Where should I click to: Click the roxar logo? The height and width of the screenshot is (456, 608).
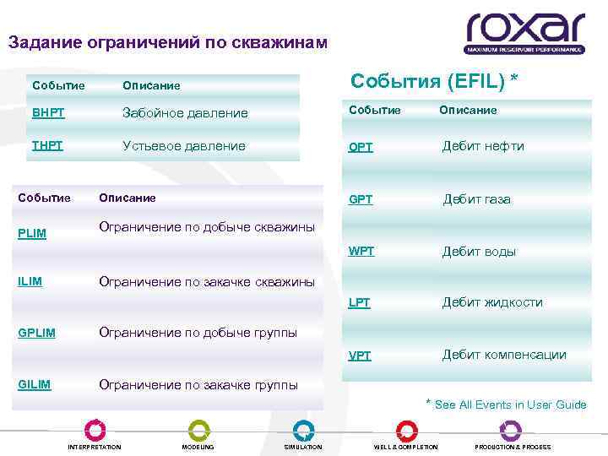524,33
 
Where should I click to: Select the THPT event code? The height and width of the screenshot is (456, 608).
47,145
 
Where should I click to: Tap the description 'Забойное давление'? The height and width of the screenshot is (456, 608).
185,113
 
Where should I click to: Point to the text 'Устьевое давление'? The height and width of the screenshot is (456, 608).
184,145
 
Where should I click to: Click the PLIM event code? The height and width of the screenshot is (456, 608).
32,233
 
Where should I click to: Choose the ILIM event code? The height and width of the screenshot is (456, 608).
30,281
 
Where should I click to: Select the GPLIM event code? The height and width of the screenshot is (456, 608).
36,333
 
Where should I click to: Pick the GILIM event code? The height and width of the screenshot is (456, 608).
35,384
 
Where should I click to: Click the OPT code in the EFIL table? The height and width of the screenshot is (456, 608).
361,147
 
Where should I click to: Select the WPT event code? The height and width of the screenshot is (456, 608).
361,252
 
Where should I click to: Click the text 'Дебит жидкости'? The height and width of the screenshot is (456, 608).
492,302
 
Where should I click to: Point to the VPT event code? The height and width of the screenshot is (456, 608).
361,356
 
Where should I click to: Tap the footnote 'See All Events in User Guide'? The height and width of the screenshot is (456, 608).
510,404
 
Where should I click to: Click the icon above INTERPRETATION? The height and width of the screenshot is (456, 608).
95,430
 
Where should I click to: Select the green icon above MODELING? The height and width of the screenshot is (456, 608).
198,430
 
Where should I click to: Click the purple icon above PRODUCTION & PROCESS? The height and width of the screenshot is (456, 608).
511,430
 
